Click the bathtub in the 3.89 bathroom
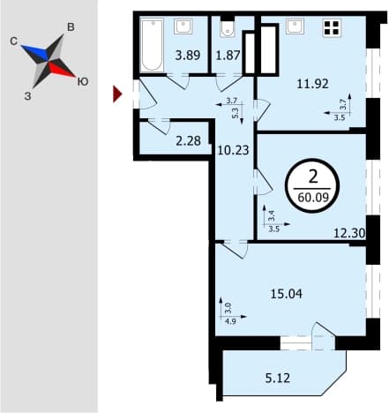pyautogui.click(x=152, y=45)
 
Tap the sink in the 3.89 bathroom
pyautogui.click(x=183, y=26)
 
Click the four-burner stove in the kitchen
pyautogui.click(x=332, y=27)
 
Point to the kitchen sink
pyautogui.click(x=295, y=26)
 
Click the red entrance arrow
pyautogui.click(x=117, y=94)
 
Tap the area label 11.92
pyautogui.click(x=312, y=84)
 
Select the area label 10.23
pyautogui.click(x=233, y=150)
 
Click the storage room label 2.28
pyautogui.click(x=188, y=141)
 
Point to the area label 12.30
pyautogui.click(x=349, y=234)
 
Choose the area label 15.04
pyautogui.click(x=286, y=294)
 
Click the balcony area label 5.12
pyautogui.click(x=278, y=378)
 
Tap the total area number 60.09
pyautogui.click(x=313, y=198)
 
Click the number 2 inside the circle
pyautogui.click(x=313, y=177)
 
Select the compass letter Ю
pyautogui.click(x=83, y=82)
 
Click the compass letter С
pyautogui.click(x=13, y=41)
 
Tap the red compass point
pyautogui.click(x=61, y=70)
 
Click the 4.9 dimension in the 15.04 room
pyautogui.click(x=230, y=321)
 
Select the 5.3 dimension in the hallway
pyautogui.click(x=236, y=111)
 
